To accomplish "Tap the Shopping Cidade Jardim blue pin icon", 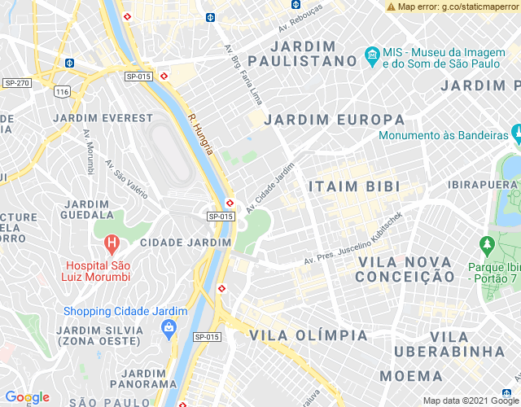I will coord(169,330).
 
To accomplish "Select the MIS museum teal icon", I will coord(372,56).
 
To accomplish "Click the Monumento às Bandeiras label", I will coord(438,135).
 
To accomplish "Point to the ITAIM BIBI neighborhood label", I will coord(354,186).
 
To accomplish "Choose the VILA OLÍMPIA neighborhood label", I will coord(309,335).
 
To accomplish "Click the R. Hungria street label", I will coord(199,134).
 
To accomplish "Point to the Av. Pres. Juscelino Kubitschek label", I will coord(353,239).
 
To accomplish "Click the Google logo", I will coord(27,397).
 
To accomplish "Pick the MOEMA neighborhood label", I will coord(411,376).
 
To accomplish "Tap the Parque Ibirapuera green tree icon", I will coord(487,244).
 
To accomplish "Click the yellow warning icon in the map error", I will coord(392,7).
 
